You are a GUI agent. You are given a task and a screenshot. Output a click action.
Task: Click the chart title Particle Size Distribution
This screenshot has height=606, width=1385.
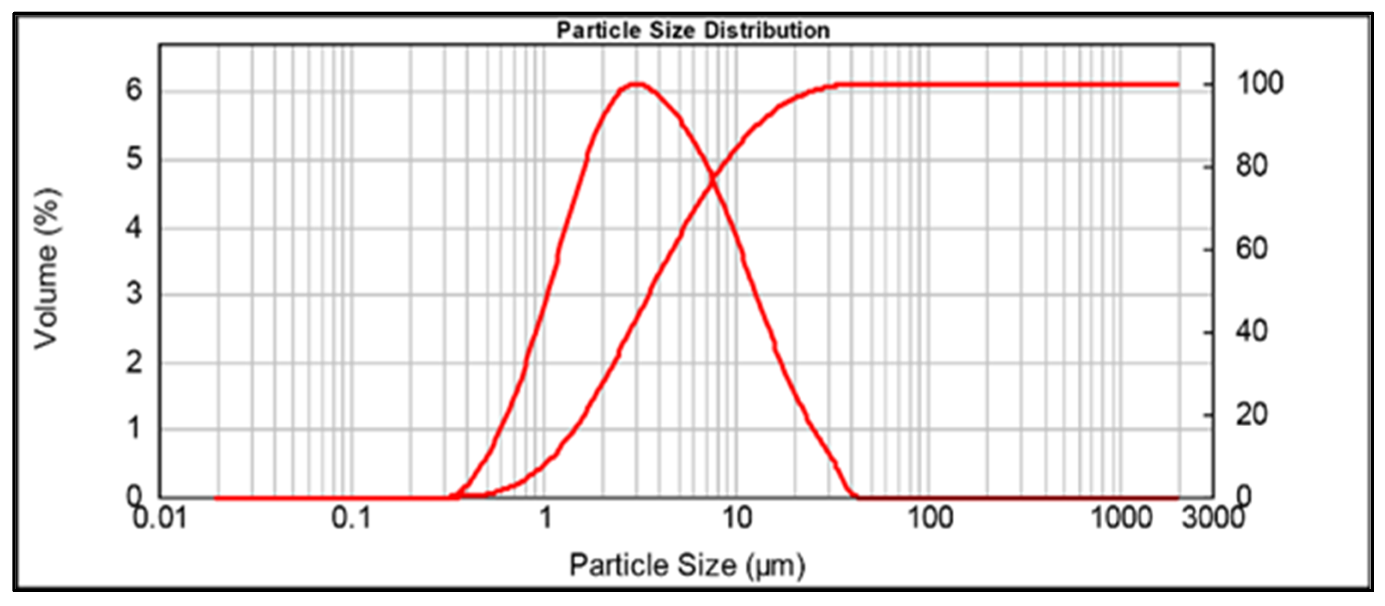(x=693, y=30)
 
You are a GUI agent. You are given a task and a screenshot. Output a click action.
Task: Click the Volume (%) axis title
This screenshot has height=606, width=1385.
(x=47, y=268)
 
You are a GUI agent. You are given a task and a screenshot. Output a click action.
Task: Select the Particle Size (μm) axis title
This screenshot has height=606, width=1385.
(x=687, y=565)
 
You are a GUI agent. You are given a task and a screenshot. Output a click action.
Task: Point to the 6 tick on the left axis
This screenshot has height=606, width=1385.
(x=134, y=90)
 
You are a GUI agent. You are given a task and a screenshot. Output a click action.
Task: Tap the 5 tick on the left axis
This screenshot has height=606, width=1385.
(x=134, y=159)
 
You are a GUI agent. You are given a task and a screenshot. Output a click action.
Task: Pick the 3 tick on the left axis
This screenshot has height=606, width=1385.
(x=134, y=294)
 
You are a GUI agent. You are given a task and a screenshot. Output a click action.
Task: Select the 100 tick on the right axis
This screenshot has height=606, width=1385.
(x=1260, y=84)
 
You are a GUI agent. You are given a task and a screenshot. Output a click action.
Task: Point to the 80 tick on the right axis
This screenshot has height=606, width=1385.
(x=1252, y=166)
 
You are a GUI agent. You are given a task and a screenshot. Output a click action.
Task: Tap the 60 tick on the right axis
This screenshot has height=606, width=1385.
(x=1252, y=249)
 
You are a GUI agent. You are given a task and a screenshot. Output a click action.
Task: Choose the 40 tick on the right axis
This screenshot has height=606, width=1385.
(x=1252, y=332)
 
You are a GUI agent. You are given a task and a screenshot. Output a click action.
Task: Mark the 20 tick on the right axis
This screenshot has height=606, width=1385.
(x=1252, y=415)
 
